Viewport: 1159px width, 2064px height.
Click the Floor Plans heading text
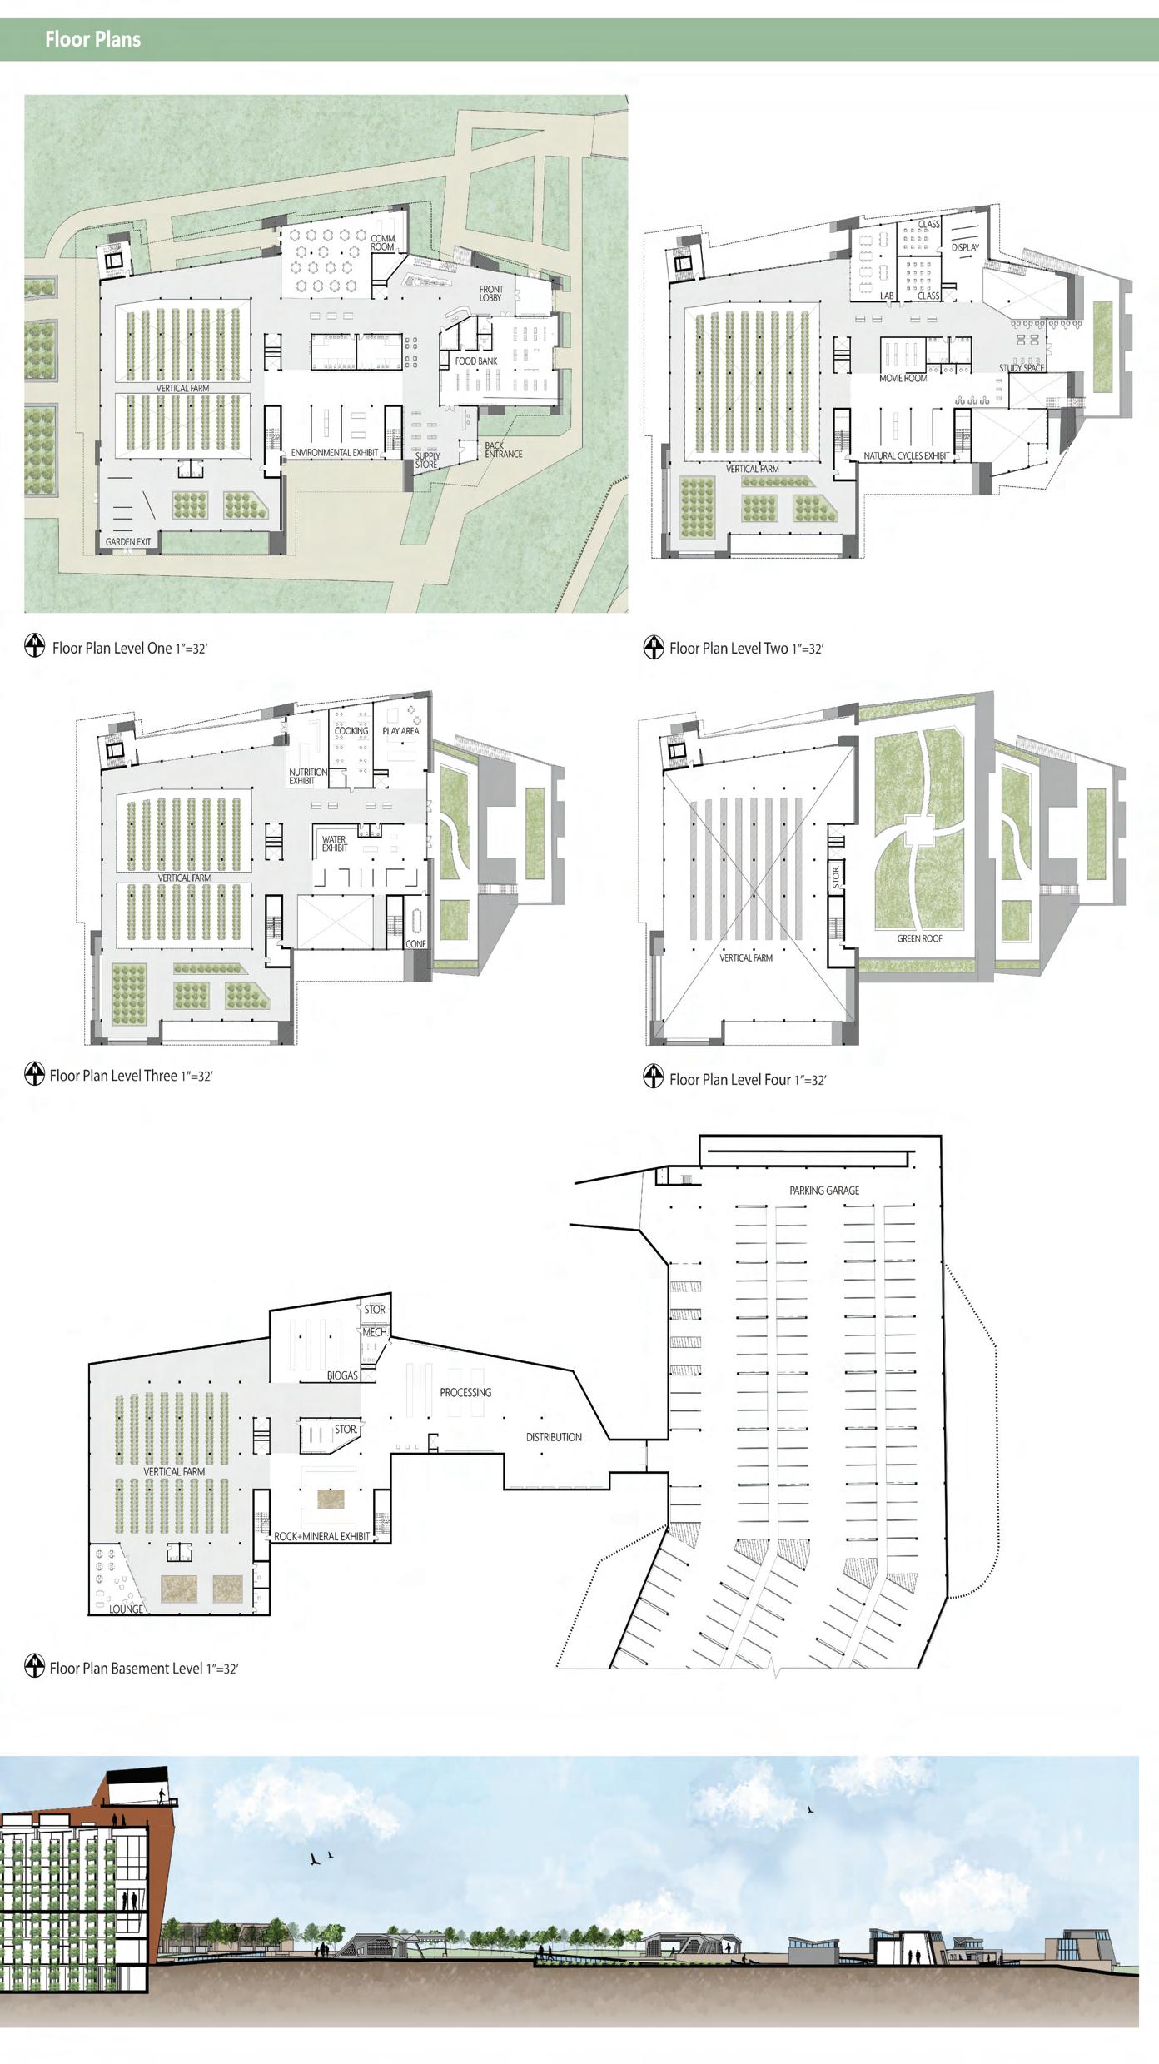(92, 39)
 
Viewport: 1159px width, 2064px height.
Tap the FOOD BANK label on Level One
(476, 361)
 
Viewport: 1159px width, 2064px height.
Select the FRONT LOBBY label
(491, 293)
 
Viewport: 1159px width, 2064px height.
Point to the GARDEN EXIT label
(128, 542)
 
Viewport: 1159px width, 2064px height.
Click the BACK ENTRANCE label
(503, 450)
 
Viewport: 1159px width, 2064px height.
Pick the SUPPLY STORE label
(427, 460)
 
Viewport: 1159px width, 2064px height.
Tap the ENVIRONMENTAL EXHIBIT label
(334, 453)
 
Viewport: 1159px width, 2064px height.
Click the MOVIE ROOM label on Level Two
(903, 379)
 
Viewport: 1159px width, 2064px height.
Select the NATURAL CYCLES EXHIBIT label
(906, 456)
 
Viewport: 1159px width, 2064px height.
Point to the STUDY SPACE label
(1022, 368)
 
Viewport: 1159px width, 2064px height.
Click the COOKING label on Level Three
(351, 731)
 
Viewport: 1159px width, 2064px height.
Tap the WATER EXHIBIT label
(335, 844)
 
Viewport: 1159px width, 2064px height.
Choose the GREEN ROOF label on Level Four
(919, 938)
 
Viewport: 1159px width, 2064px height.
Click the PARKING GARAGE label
(824, 1191)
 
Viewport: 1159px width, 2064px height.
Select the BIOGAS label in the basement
(342, 1376)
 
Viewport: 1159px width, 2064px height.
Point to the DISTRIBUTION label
(554, 1437)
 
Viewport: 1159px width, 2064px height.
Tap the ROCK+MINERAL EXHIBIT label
(321, 1536)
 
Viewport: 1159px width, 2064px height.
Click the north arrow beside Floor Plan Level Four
(654, 1077)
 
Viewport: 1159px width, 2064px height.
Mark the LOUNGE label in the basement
(126, 1609)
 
